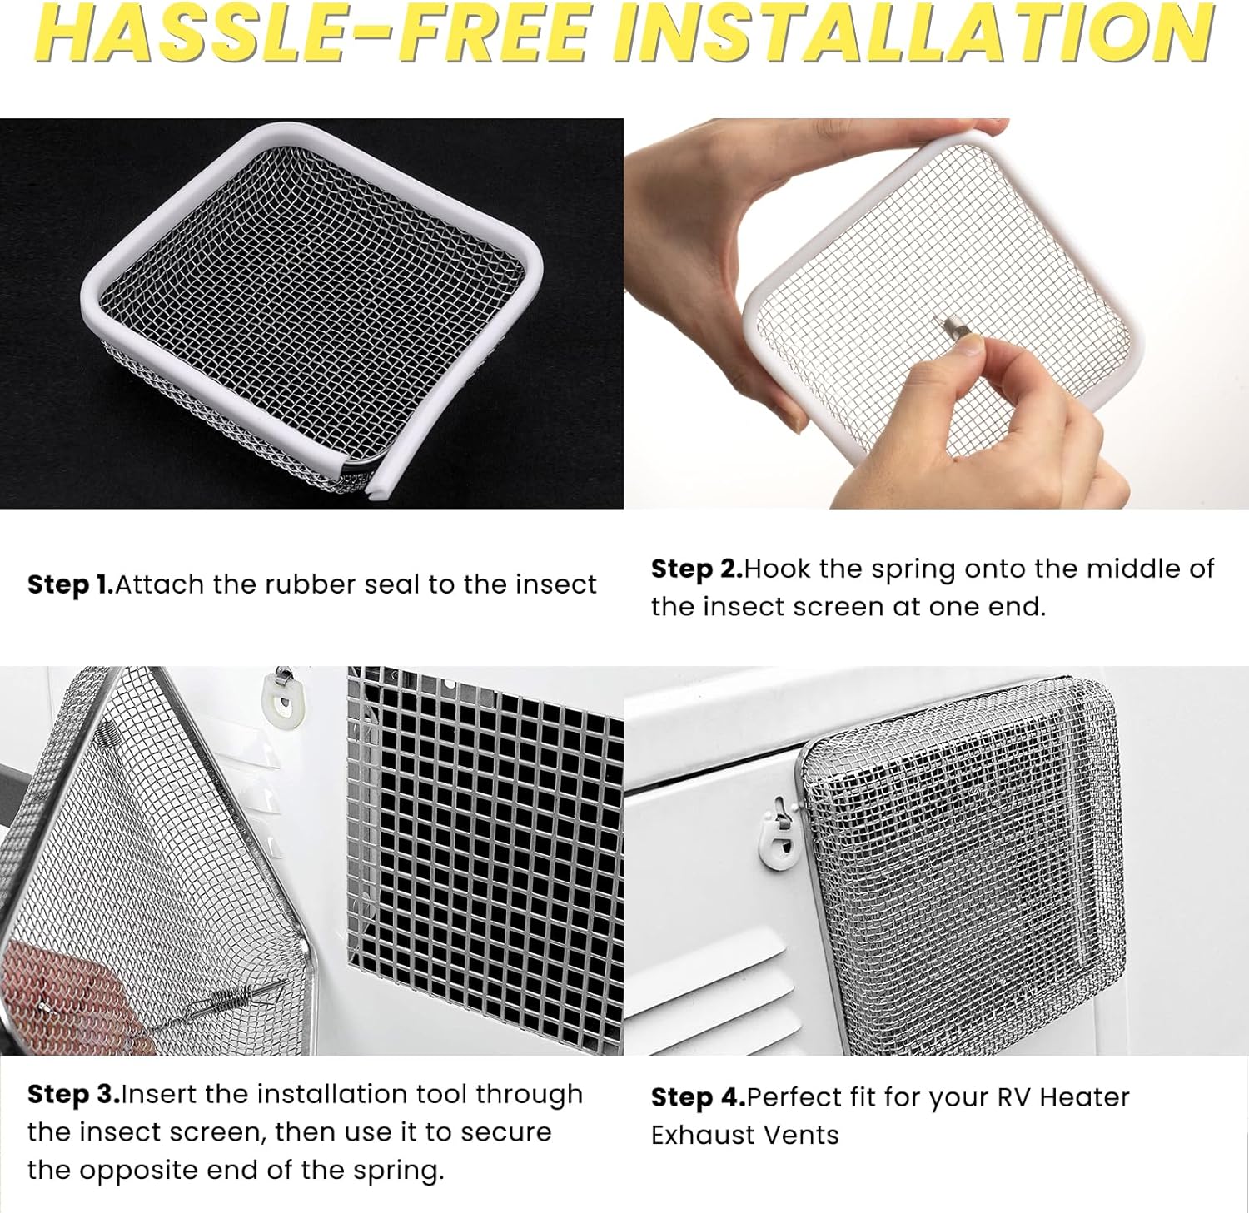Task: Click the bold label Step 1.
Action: tap(70, 584)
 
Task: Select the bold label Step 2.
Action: tap(696, 569)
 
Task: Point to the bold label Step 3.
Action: tap(73, 1094)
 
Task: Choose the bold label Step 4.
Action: tap(698, 1097)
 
